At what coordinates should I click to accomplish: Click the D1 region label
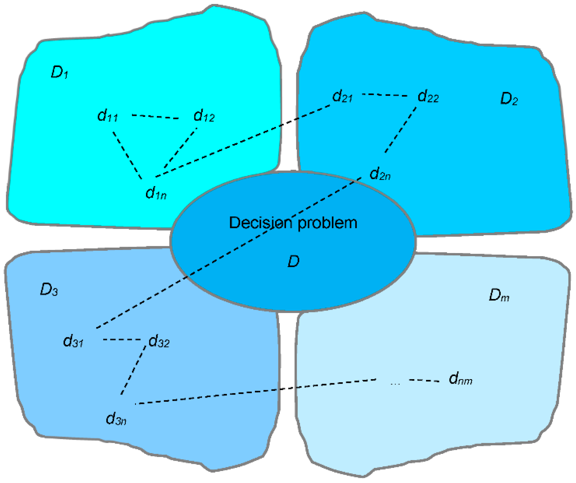point(59,72)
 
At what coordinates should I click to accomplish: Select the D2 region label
point(509,99)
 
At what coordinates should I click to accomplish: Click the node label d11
point(107,116)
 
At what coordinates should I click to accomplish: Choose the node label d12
point(204,116)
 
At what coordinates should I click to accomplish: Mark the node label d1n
point(156,193)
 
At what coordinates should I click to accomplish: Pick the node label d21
point(342,96)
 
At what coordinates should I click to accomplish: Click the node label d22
point(428,96)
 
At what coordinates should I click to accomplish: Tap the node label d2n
point(380,174)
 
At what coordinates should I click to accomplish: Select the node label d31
point(73,341)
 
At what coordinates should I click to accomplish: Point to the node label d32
point(159,341)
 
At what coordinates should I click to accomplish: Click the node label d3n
point(116,419)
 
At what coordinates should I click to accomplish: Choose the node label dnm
point(460,379)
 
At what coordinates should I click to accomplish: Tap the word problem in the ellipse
point(327,223)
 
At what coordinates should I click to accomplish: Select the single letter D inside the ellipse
point(293,261)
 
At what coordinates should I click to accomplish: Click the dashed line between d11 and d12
point(155,117)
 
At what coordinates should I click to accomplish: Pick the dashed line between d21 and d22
point(385,95)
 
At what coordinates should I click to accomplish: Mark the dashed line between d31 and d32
point(122,339)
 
